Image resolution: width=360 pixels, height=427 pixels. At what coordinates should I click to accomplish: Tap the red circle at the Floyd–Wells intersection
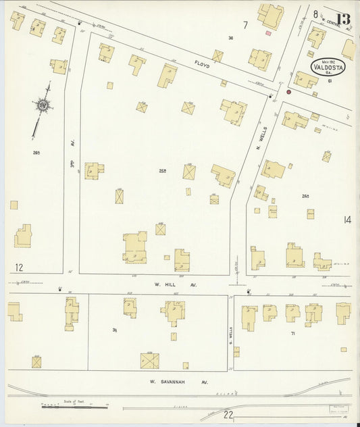click(x=288, y=91)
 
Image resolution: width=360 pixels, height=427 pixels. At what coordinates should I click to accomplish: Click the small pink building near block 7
click(x=268, y=32)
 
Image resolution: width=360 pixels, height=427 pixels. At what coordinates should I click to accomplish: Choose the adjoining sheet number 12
click(x=18, y=268)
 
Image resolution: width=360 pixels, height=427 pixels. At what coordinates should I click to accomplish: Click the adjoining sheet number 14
click(x=347, y=220)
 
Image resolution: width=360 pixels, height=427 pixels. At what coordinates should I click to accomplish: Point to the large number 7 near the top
click(x=245, y=25)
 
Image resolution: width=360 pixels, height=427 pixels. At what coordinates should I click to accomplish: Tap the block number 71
click(x=293, y=334)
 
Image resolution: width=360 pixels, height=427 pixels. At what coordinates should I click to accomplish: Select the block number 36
click(x=230, y=38)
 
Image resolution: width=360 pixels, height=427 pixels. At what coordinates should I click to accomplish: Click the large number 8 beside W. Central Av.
click(x=315, y=14)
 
